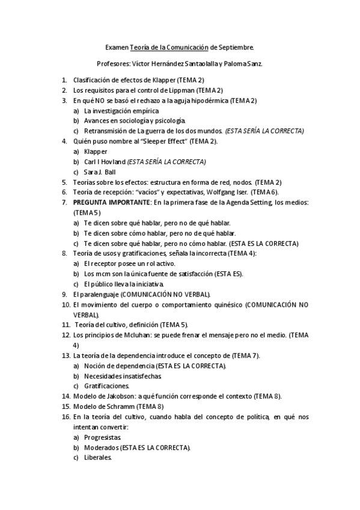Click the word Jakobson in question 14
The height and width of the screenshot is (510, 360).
click(x=120, y=396)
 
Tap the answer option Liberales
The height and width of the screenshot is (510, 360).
click(x=98, y=457)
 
